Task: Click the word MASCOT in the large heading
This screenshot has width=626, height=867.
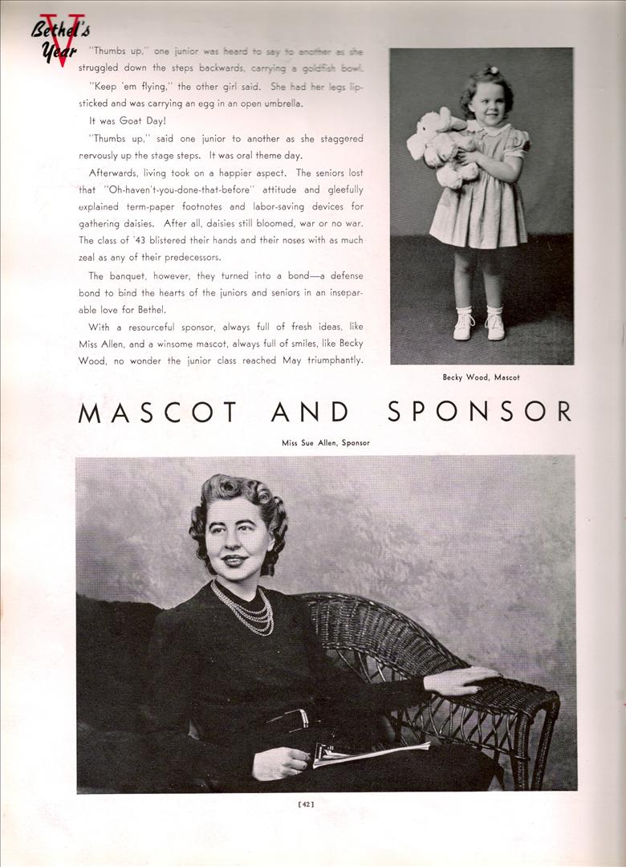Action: point(158,412)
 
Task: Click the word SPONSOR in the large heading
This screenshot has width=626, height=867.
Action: point(479,411)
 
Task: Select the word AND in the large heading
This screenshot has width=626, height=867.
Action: point(310,412)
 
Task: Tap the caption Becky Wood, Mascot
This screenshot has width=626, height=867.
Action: point(481,377)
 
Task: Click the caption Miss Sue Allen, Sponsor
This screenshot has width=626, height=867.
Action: point(325,443)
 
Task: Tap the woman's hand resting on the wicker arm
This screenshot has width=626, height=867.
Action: point(458,681)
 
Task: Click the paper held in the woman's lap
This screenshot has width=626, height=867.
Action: point(369,752)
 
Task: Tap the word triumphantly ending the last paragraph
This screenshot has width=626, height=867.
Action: point(332,360)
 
